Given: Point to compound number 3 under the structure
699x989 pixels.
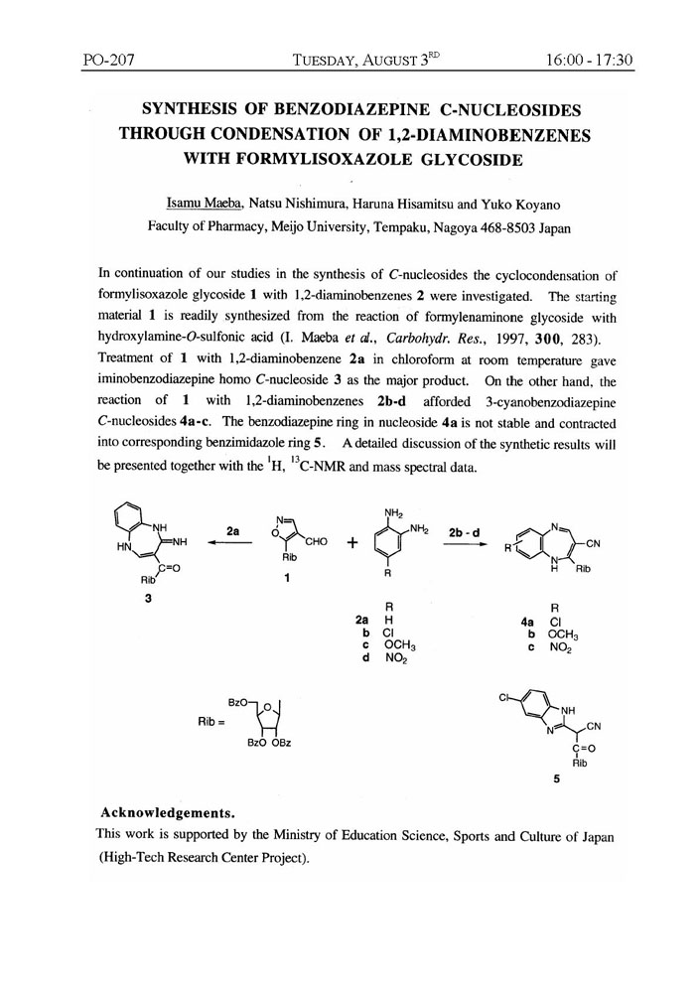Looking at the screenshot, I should tap(145, 609).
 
